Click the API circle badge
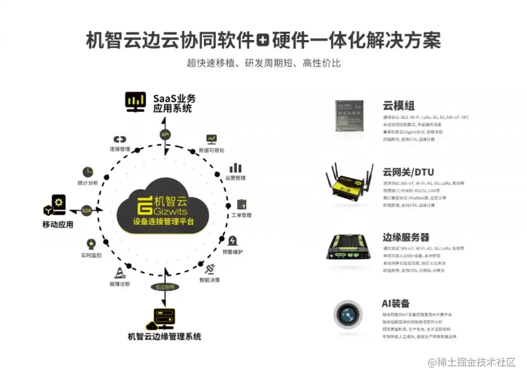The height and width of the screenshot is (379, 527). point(165,135)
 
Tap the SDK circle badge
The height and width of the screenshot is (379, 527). point(87,210)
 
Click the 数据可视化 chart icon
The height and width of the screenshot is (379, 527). point(211,139)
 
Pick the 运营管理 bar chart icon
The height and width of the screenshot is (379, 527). point(236,168)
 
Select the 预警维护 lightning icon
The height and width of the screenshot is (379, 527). point(233,241)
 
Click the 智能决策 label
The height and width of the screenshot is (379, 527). point(209,280)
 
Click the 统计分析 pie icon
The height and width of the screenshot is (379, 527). point(88,172)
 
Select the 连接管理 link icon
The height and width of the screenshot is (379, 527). point(120,140)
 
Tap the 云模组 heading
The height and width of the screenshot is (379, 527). point(399,106)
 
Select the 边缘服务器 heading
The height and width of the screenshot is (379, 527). point(406,237)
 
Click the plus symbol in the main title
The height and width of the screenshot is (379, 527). point(264,40)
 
